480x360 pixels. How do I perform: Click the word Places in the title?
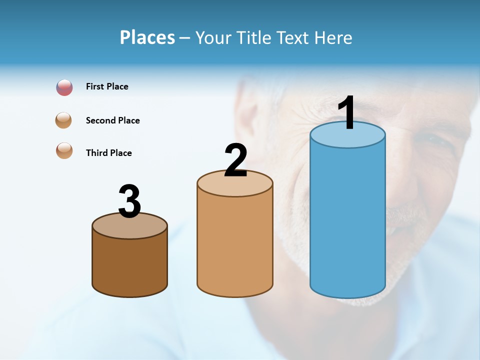tap(147, 37)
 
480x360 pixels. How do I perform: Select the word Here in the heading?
tap(333, 37)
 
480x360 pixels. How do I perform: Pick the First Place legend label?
tap(107, 86)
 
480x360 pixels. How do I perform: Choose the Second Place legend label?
tap(112, 120)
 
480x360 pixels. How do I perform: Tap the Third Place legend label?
tap(108, 153)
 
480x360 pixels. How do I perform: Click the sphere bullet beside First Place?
tap(64, 87)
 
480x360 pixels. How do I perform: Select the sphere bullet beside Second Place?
tap(64, 120)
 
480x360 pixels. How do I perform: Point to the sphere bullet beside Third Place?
tap(64, 150)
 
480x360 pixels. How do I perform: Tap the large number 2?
tap(235, 160)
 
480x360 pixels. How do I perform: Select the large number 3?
tap(129, 201)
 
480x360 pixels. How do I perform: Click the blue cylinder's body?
tap(347, 220)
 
